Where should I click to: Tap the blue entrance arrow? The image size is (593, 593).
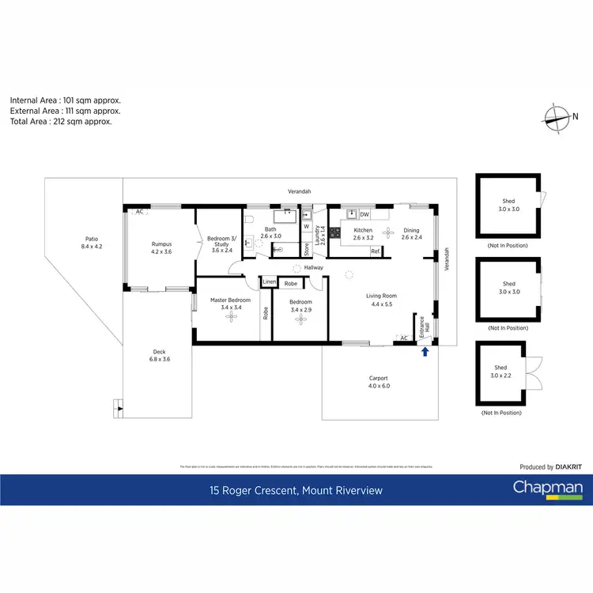pyautogui.click(x=426, y=351)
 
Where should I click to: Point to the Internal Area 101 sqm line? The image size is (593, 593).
pyautogui.click(x=65, y=100)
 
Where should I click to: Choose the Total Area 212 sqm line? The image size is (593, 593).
pyautogui.click(x=61, y=122)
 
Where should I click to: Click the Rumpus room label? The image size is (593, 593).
pyautogui.click(x=161, y=247)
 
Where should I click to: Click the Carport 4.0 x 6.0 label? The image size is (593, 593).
pyautogui.click(x=379, y=382)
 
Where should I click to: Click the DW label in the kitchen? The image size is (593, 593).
pyautogui.click(x=364, y=215)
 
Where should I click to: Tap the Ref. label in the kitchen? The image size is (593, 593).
pyautogui.click(x=376, y=251)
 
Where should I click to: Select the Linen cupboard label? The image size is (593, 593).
pyautogui.click(x=269, y=282)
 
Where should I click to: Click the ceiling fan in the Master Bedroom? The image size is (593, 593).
pyautogui.click(x=232, y=317)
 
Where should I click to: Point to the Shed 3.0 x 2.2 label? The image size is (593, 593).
pyautogui.click(x=500, y=372)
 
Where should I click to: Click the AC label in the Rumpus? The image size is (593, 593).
pyautogui.click(x=139, y=212)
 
